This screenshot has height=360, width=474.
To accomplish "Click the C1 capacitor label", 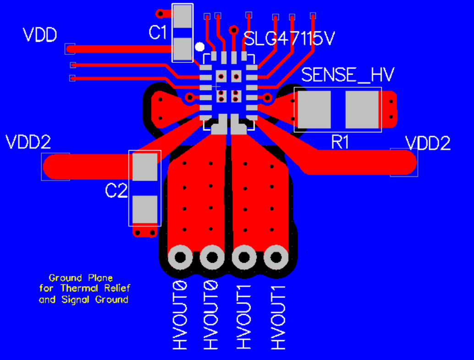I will point(158,33).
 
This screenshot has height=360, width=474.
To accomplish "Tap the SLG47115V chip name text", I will point(289,39).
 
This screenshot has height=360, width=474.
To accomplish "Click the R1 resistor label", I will point(340,142).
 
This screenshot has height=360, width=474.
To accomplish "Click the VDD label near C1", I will point(40,35).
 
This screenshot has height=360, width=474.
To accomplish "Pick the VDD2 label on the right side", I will point(428,143).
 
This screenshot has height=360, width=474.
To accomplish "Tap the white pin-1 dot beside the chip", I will point(199,47).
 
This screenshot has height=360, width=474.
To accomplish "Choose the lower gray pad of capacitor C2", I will point(144,208).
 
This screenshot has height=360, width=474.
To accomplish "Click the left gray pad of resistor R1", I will point(314,109).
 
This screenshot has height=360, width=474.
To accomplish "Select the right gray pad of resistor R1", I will point(362,109).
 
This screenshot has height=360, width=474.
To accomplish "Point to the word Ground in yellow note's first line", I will point(65,278).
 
